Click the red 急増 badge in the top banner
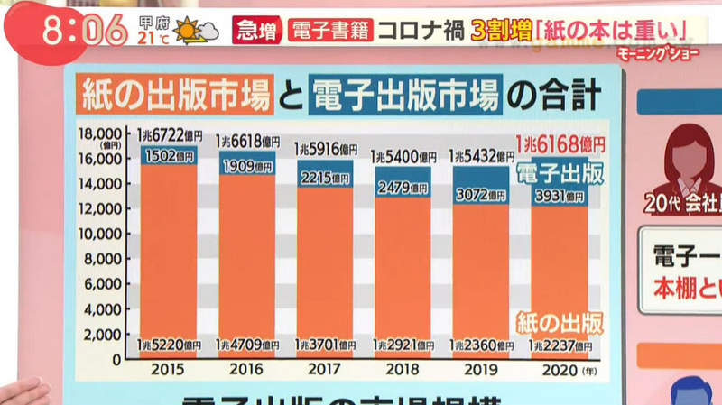(256, 30)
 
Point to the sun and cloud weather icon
(196, 32)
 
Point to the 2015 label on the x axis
(169, 369)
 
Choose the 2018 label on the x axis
(403, 369)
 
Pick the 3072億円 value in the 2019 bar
(480, 194)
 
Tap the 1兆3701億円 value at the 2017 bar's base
(325, 345)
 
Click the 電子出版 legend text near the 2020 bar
(560, 172)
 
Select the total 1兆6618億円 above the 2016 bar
(246, 142)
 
